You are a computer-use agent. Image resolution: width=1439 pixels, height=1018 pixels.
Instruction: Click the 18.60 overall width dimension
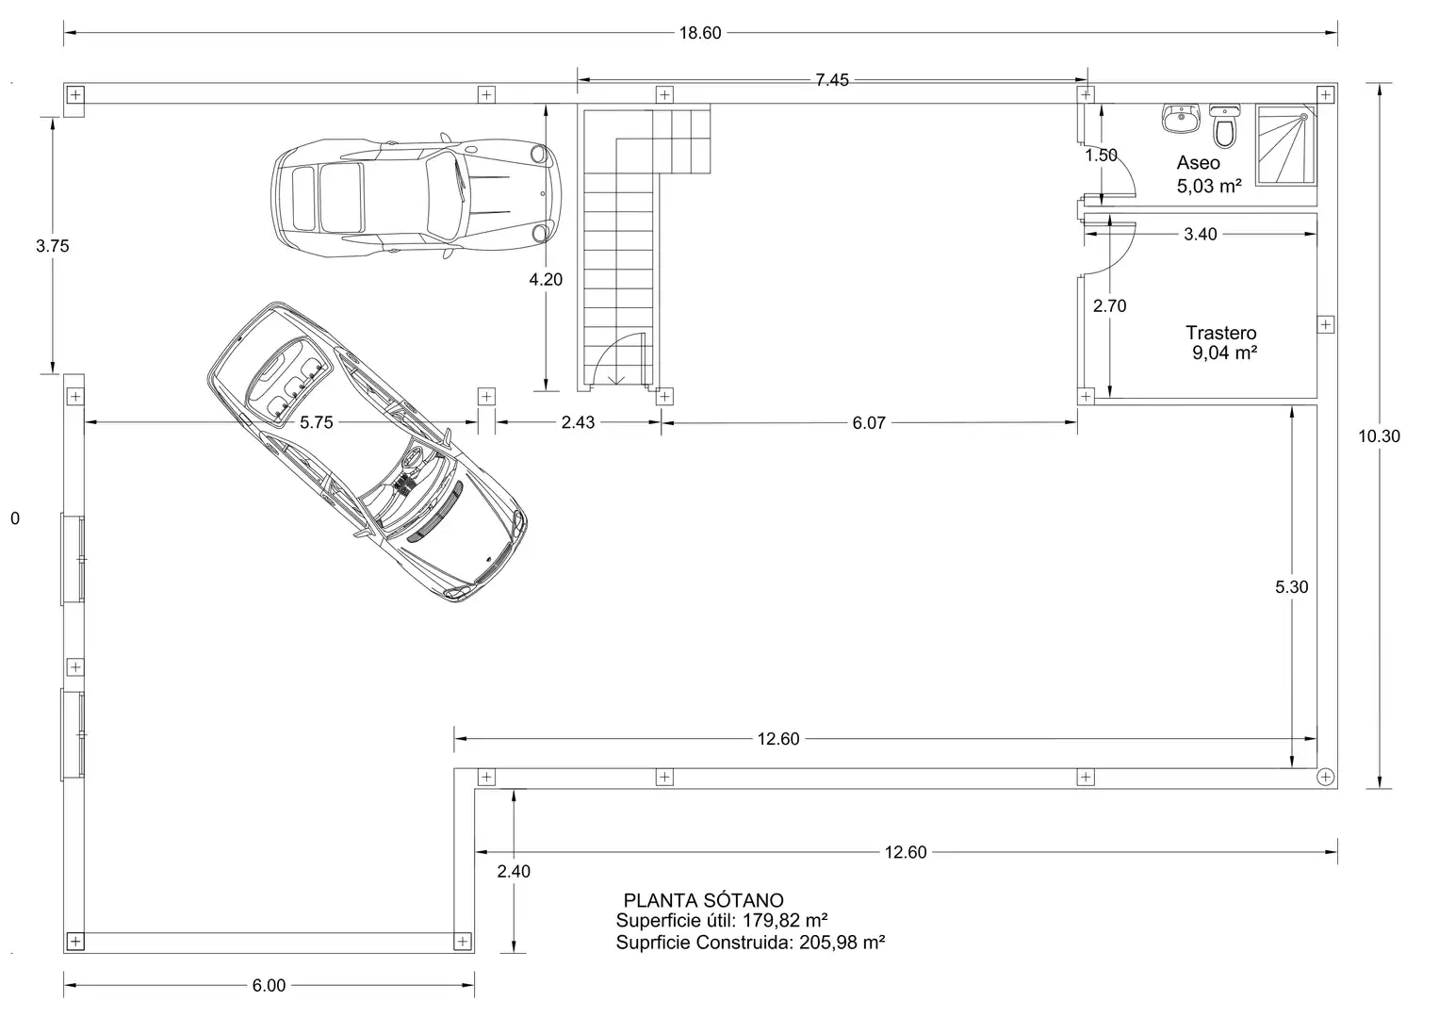tap(700, 33)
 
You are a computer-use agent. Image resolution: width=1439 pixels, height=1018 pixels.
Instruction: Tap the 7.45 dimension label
tap(832, 80)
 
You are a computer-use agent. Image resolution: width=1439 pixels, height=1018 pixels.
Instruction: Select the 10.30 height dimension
tap(1379, 435)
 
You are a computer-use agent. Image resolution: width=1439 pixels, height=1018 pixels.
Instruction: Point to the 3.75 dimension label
tap(52, 245)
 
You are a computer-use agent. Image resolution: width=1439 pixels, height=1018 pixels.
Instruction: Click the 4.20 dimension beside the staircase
tap(546, 279)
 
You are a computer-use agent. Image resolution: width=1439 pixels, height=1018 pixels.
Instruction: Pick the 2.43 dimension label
tap(578, 422)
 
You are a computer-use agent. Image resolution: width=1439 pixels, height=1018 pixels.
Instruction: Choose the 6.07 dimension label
tap(869, 423)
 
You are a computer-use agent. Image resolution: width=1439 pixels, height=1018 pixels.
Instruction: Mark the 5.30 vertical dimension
tap(1291, 586)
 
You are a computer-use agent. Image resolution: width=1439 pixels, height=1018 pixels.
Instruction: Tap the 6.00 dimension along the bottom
tap(269, 985)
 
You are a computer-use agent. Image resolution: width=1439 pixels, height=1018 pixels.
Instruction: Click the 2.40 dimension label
tap(514, 871)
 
